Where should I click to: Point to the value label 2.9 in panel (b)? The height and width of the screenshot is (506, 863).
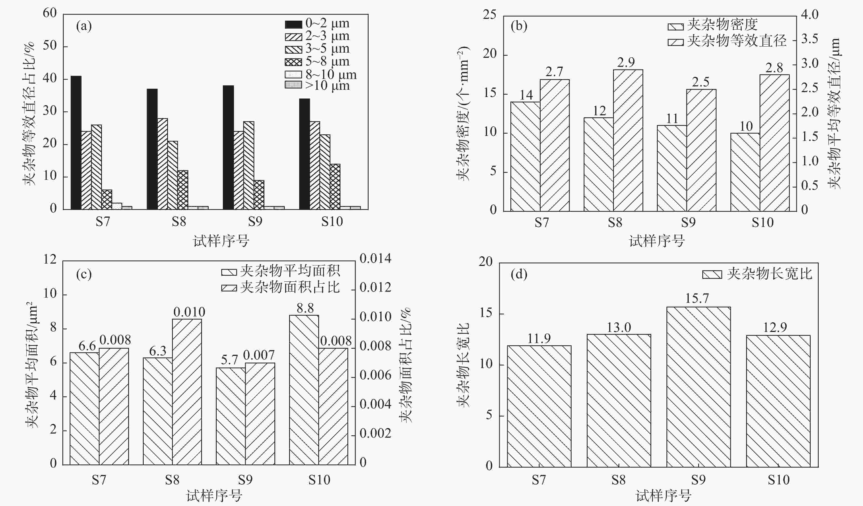(x=626, y=62)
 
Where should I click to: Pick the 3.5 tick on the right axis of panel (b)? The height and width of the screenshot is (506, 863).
(x=810, y=39)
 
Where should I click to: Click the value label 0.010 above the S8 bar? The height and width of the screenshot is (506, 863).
(x=189, y=312)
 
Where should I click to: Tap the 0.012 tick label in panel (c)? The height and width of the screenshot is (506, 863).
(x=375, y=287)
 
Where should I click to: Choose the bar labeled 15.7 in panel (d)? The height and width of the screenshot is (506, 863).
(x=698, y=387)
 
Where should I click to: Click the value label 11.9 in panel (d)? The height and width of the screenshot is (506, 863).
(x=539, y=339)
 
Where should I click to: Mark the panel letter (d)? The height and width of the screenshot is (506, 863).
(x=518, y=274)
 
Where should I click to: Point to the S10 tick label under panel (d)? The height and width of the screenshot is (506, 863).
(x=778, y=480)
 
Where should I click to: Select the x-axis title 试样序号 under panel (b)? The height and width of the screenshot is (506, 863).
(x=657, y=241)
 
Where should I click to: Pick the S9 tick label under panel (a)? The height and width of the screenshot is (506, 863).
(x=255, y=222)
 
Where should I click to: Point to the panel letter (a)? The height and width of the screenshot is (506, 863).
(x=84, y=26)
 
